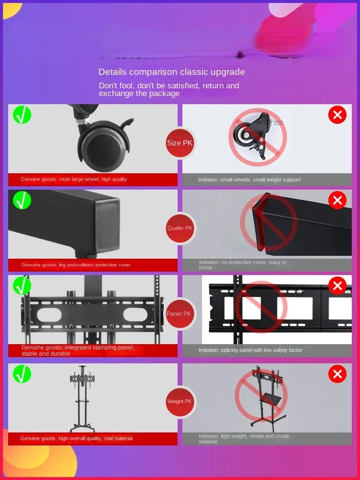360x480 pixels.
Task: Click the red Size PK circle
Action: click(180, 143)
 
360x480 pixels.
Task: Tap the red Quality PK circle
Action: click(180, 228)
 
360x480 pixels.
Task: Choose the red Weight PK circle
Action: click(180, 401)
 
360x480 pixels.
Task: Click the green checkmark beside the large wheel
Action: click(22, 115)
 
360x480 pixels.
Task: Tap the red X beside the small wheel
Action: click(337, 115)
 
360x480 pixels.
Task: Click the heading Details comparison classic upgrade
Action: click(171, 72)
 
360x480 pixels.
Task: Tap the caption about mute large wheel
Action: click(73, 179)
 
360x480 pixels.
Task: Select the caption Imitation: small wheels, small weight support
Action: click(249, 180)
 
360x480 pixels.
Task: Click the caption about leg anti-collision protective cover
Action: click(76, 264)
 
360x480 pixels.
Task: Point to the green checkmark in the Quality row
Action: click(22, 200)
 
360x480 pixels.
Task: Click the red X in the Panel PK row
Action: click(337, 286)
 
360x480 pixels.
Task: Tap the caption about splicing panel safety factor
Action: click(250, 350)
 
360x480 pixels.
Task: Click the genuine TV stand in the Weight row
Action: click(80, 398)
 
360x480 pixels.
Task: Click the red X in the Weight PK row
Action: click(337, 374)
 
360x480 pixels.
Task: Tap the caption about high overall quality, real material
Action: click(76, 438)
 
